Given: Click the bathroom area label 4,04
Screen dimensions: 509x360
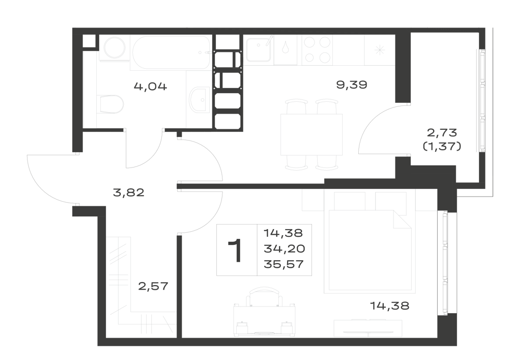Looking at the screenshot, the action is (x=150, y=87).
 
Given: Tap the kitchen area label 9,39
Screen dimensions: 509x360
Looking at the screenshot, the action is (x=352, y=85).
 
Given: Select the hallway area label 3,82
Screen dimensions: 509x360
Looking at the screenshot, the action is (x=129, y=193).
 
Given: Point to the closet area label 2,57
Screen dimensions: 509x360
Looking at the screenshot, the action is (x=153, y=286).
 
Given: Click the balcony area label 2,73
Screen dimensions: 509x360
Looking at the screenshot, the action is (x=442, y=132).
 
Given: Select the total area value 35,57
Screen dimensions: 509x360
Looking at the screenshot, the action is (x=284, y=264).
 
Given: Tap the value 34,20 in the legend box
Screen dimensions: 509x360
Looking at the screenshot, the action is (x=285, y=248).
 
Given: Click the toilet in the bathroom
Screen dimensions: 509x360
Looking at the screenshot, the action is (x=110, y=104).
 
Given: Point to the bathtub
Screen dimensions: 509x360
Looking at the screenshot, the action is (x=171, y=52).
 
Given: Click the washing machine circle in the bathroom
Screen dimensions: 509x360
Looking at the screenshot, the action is (x=115, y=48).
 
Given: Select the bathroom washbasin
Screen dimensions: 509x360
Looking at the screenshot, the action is (x=200, y=100).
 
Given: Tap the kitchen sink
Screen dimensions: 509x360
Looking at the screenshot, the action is (x=259, y=50).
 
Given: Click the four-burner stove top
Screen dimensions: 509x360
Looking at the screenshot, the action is (x=317, y=50).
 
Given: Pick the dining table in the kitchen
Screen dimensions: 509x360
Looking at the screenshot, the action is (x=312, y=134).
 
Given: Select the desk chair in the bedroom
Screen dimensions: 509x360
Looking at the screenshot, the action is (x=265, y=296).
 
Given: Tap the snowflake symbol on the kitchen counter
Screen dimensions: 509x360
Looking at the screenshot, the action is (x=379, y=50).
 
